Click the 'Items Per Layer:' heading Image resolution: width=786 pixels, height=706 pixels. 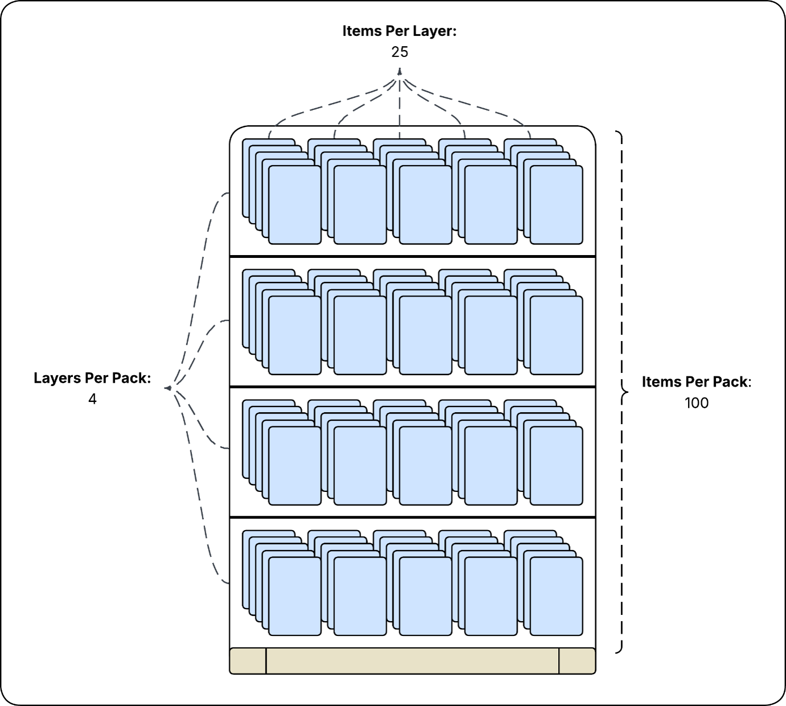click(399, 31)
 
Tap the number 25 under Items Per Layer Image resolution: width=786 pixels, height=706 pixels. click(400, 52)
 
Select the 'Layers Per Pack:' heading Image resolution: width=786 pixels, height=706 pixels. click(92, 378)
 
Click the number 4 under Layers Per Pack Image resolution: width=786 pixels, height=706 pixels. click(92, 399)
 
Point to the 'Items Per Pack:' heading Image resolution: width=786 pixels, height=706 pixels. click(697, 382)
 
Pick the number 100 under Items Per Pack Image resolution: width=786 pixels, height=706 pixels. click(697, 403)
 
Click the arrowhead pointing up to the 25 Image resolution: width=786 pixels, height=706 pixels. click(400, 71)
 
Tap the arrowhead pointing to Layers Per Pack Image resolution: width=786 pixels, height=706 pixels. click(168, 388)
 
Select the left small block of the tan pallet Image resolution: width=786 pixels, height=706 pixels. click(248, 661)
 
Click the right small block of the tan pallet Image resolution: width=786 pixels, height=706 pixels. click(578, 661)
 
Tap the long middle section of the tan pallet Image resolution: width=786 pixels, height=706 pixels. click(412, 661)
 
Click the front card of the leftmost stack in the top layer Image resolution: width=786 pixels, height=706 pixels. click(295, 205)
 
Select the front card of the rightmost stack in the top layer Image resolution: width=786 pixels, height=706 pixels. click(556, 205)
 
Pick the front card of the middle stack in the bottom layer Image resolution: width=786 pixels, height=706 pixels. click(425, 596)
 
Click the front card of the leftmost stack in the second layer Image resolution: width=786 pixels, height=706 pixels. click(295, 335)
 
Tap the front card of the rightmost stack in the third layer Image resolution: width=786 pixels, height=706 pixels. click(556, 466)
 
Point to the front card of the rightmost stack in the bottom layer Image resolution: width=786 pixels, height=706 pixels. click(556, 596)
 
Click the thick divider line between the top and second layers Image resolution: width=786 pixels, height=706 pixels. click(412, 256)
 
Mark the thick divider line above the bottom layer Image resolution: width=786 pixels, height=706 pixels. click(412, 517)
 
